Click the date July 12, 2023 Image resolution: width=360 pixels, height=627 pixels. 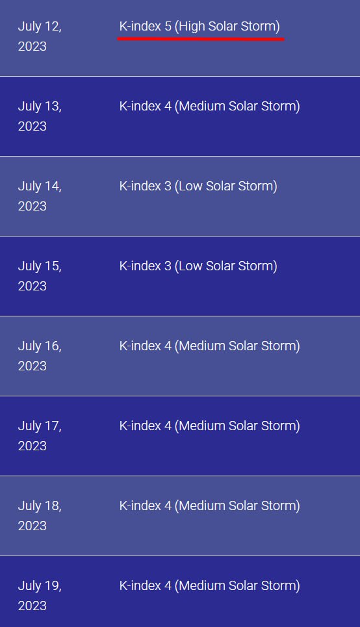(x=40, y=36)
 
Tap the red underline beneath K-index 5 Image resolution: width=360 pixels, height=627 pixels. (x=201, y=39)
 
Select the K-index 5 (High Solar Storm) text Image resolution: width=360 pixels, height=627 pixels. (x=199, y=27)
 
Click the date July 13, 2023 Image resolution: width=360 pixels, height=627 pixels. (x=40, y=116)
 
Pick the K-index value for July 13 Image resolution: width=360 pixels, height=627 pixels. (x=210, y=107)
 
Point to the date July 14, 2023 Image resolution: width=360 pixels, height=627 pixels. (x=40, y=196)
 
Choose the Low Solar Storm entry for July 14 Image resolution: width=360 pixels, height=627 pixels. (x=198, y=186)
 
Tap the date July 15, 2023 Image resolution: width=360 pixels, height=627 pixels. (x=40, y=276)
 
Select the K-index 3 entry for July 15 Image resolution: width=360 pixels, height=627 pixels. (x=198, y=266)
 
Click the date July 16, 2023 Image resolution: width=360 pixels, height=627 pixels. (x=40, y=356)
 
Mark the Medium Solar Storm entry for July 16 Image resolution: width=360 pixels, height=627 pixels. (x=210, y=346)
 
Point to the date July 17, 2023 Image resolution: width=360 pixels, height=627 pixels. (x=40, y=436)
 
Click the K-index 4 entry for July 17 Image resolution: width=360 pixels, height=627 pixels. (x=210, y=426)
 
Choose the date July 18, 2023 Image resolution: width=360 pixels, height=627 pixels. (x=40, y=516)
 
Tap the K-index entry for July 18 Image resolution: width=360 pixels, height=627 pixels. (x=210, y=506)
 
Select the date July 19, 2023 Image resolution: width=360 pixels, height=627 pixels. (x=40, y=596)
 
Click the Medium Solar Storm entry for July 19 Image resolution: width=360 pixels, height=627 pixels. (x=210, y=586)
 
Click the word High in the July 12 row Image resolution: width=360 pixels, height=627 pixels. (x=192, y=27)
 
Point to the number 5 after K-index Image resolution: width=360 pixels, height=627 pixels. (x=168, y=27)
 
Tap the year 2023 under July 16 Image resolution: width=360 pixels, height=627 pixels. (x=32, y=366)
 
